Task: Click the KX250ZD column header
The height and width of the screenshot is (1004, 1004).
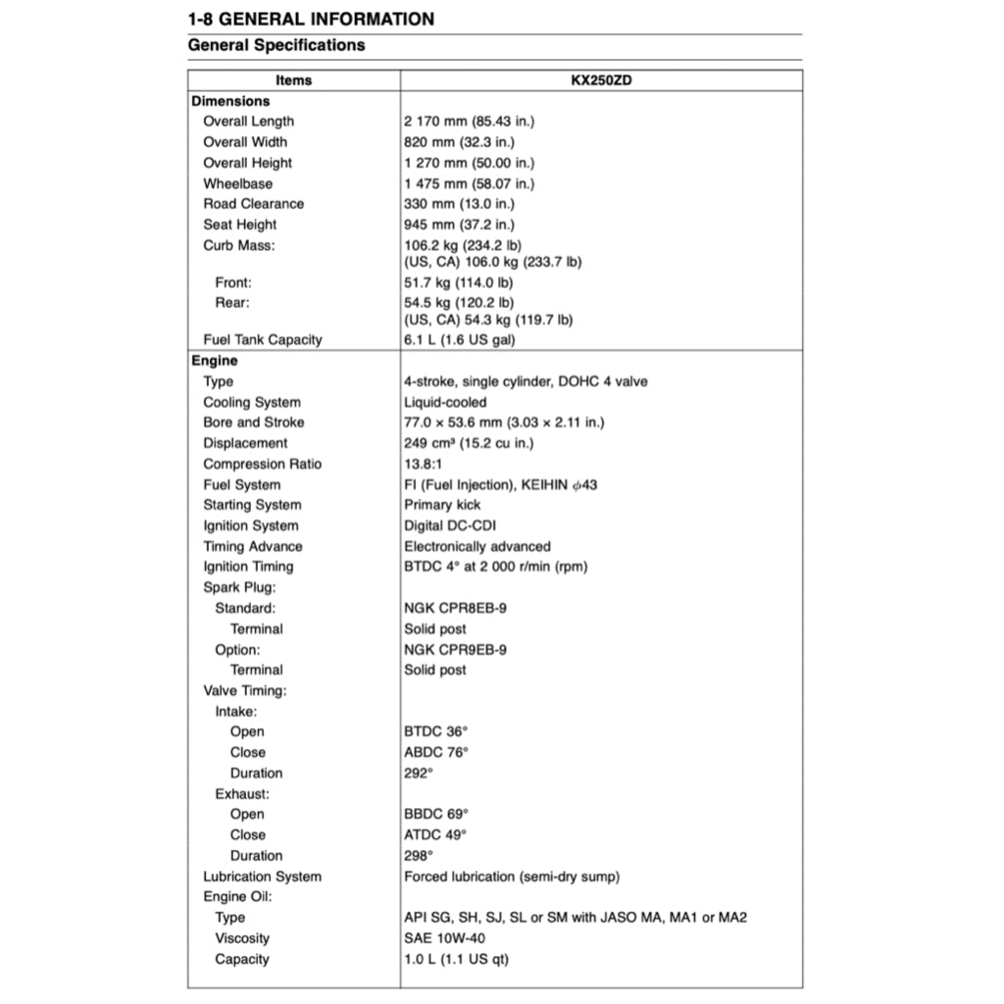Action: tap(601, 80)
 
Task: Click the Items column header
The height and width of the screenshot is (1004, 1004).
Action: tap(294, 80)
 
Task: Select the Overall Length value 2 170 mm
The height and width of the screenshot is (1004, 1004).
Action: tap(469, 122)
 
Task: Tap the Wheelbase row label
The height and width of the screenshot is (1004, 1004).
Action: tap(238, 183)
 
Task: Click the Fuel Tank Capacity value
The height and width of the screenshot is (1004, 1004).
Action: tap(460, 340)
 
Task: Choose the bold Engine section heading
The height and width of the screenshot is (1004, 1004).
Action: tap(215, 361)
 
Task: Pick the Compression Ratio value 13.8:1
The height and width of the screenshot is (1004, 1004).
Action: tap(425, 464)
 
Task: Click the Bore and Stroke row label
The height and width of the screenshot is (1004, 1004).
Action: tap(254, 423)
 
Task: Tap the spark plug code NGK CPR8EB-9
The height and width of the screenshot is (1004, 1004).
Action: tap(455, 608)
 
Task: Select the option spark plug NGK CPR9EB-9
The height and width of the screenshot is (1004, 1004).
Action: tap(455, 649)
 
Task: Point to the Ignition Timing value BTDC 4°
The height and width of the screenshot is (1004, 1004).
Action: tap(495, 567)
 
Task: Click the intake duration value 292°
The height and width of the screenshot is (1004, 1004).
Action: tap(419, 773)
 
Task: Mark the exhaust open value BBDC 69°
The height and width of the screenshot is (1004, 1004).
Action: tap(436, 814)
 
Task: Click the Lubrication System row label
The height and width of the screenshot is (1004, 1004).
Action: tap(262, 877)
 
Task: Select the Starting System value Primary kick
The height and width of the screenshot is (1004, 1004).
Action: tap(442, 505)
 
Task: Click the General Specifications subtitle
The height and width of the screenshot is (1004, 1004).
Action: tap(276, 45)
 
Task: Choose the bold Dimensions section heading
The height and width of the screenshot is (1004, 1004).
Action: tap(230, 101)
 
